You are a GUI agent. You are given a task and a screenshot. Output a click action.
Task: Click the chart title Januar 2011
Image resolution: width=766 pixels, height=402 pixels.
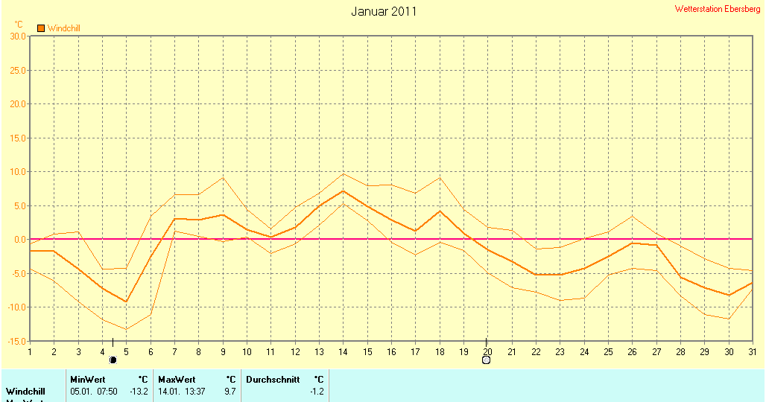[x=384, y=11]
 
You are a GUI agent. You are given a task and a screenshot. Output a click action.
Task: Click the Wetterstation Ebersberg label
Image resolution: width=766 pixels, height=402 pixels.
[x=718, y=9]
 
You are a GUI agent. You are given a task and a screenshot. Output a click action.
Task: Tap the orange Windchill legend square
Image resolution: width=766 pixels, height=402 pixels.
[x=41, y=28]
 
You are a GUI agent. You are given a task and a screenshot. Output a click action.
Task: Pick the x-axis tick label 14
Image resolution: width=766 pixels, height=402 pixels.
[x=343, y=351]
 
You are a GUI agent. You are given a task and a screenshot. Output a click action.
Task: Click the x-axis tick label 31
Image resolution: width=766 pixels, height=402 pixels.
[x=751, y=351]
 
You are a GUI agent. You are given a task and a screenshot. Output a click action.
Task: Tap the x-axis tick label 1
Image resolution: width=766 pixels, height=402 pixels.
[x=30, y=351]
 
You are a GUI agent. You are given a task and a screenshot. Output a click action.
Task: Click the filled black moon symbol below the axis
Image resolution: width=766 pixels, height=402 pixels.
[x=113, y=360]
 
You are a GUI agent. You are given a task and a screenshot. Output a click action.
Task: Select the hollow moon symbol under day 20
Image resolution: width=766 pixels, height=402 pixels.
[x=486, y=360]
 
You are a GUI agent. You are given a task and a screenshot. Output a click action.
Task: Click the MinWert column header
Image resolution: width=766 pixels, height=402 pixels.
[x=88, y=380]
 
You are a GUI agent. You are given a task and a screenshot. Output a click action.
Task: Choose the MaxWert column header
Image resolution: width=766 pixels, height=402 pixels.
[x=176, y=380]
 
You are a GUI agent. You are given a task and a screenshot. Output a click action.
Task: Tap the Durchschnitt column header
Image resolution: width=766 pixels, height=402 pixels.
[x=273, y=380]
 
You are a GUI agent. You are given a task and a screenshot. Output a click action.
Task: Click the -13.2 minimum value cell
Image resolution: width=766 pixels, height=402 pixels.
[x=139, y=392]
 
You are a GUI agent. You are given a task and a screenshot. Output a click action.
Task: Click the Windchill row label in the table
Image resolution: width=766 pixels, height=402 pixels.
[x=25, y=392]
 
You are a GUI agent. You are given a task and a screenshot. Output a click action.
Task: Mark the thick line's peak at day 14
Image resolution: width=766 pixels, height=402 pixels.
[x=342, y=191]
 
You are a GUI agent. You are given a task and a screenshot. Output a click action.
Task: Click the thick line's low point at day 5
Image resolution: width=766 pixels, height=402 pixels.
[x=126, y=301]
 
